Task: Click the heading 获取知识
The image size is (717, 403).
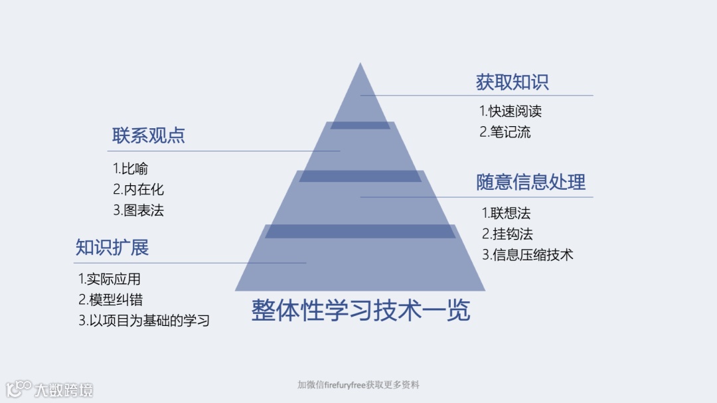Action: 512,82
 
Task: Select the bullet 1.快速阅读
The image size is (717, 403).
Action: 511,111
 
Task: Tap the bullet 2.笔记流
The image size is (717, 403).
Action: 505,131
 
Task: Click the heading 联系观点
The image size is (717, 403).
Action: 149,136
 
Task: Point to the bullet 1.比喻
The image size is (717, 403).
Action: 130,169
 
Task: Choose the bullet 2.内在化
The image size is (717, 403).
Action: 138,190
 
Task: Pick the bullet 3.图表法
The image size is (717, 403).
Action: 138,210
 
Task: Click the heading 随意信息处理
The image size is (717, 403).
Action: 530,182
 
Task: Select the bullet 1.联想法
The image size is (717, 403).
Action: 506,213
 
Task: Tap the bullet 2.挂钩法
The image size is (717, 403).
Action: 507,234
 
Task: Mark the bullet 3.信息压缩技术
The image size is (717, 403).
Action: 527,254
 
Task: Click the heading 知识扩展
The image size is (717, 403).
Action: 112,248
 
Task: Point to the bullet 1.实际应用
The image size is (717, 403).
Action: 110,279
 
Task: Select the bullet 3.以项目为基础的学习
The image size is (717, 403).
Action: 144,320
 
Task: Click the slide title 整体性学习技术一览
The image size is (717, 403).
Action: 360,310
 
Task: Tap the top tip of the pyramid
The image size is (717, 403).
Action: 360,65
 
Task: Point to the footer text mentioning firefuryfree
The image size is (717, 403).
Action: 358,385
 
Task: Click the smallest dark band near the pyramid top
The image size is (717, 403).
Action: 360,125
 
